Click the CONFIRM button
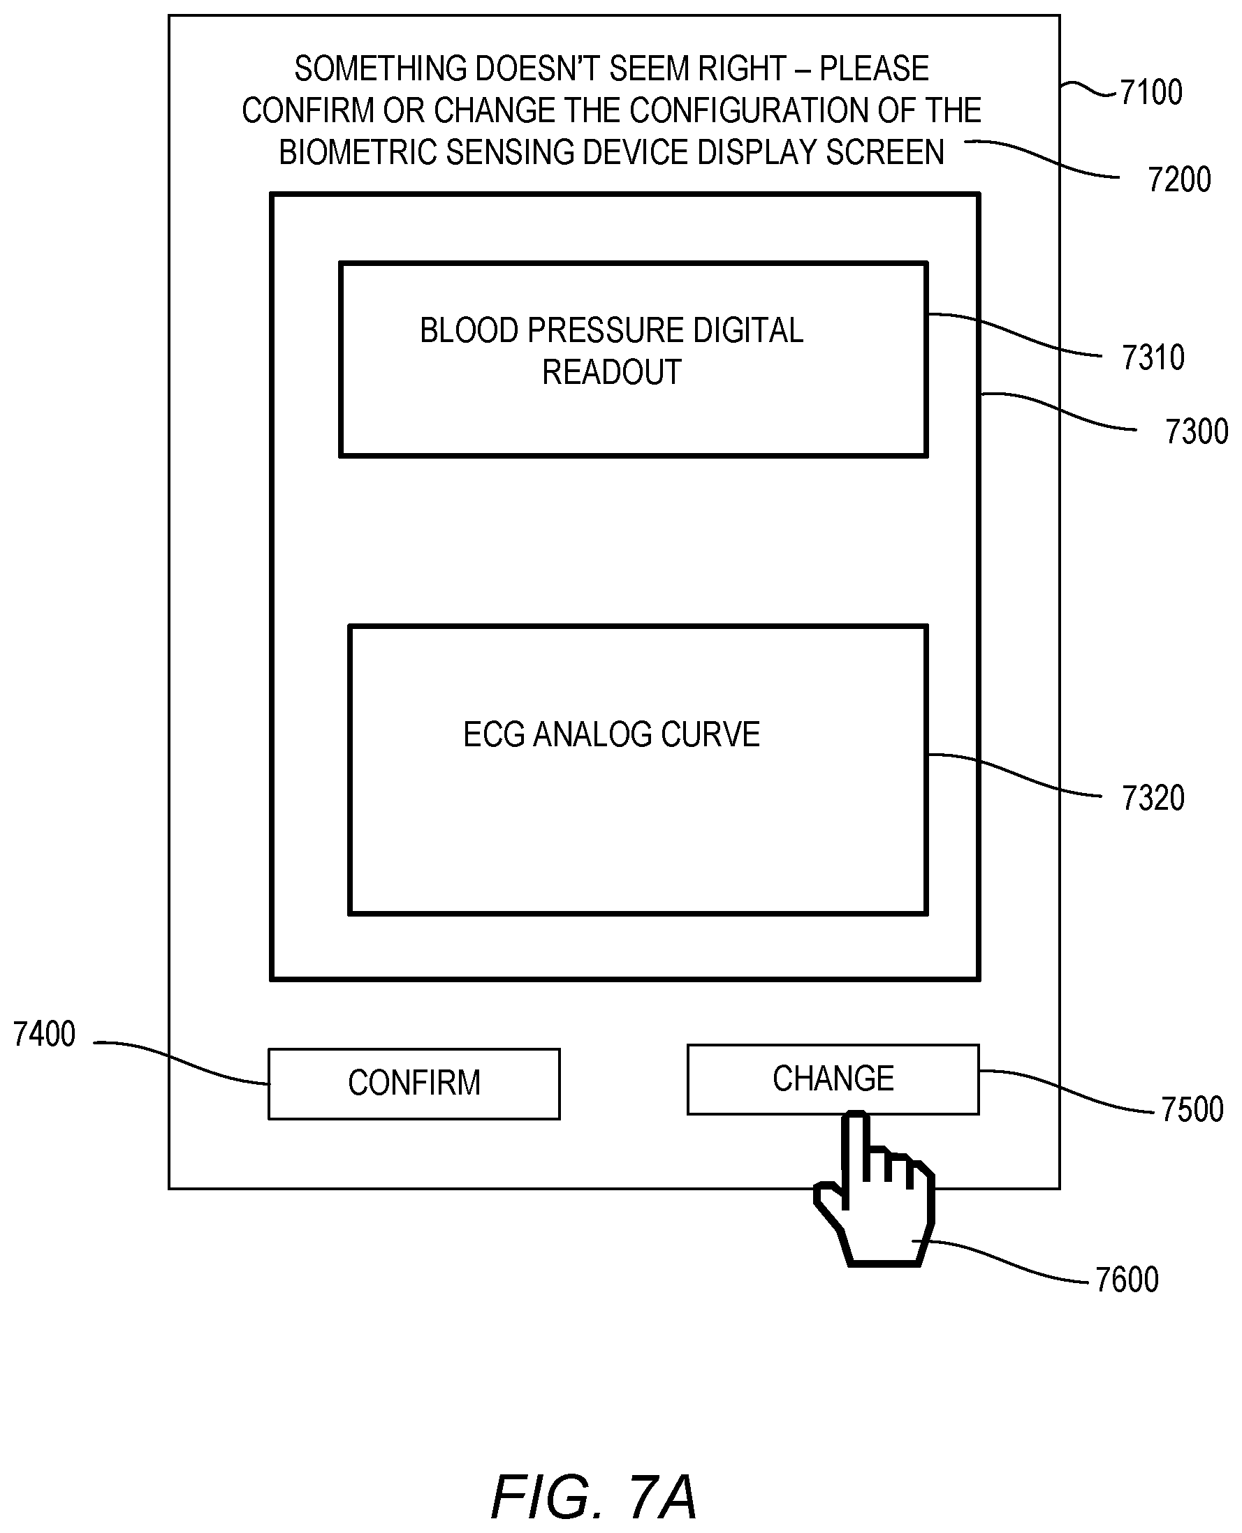(414, 1083)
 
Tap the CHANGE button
(833, 1079)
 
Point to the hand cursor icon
(875, 1188)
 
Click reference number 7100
(1150, 92)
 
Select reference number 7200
(1179, 179)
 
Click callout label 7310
(1153, 357)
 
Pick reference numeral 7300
(1196, 432)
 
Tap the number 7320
(1153, 798)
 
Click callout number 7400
(45, 1035)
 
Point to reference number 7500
(1192, 1110)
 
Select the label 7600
(1127, 1280)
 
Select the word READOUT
(612, 373)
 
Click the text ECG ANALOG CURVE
(612, 735)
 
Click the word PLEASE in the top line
(875, 69)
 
